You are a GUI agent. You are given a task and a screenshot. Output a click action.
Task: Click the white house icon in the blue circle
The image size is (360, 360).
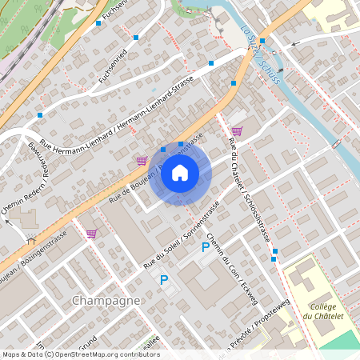click(x=180, y=172)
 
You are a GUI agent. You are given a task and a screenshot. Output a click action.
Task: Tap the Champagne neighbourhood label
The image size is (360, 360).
click(x=106, y=300)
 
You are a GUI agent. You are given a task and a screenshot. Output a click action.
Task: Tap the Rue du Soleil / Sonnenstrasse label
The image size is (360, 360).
click(x=182, y=232)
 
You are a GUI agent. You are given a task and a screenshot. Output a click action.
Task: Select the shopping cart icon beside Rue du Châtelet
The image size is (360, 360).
click(x=237, y=130)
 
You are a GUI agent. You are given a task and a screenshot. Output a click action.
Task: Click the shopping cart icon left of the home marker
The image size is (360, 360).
click(x=142, y=160)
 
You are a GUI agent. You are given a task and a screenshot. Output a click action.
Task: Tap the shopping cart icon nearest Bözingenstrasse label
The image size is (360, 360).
click(x=91, y=234)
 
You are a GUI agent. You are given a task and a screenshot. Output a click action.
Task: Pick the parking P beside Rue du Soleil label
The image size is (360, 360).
click(x=205, y=248)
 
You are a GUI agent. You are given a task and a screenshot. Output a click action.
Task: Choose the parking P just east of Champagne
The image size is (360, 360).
click(x=164, y=280)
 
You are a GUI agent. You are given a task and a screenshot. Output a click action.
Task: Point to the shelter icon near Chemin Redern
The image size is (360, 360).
click(x=31, y=238)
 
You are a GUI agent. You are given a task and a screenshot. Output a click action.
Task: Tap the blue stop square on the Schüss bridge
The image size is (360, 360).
click(x=262, y=41)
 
